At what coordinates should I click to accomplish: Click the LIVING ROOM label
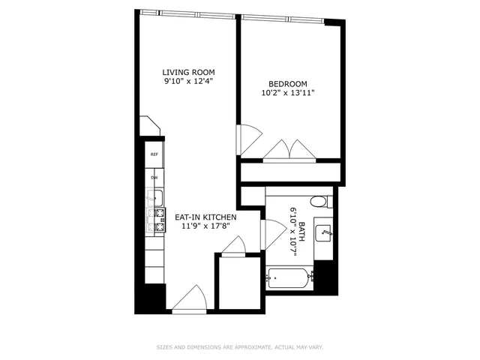click(188, 72)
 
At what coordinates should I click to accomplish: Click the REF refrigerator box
click(154, 154)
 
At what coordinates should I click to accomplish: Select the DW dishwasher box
click(154, 177)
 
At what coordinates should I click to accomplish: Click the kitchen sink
click(157, 198)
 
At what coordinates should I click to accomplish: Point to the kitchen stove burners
click(158, 219)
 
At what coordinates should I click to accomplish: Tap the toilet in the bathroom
click(319, 201)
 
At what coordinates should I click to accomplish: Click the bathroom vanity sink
click(325, 233)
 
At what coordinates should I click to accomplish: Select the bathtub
click(289, 280)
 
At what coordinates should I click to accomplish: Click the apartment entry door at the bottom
click(189, 299)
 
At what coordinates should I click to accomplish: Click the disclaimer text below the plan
click(239, 346)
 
